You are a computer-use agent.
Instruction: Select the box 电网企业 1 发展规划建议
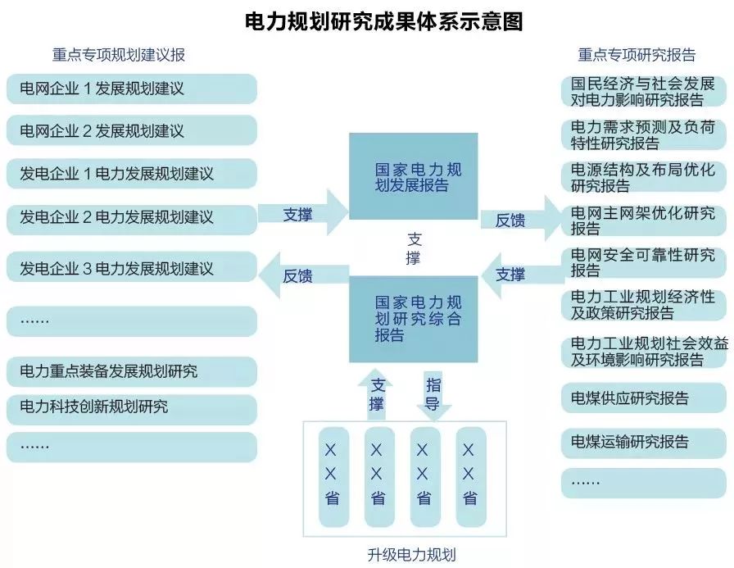click(131, 89)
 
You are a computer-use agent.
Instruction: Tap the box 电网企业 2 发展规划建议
click(131, 131)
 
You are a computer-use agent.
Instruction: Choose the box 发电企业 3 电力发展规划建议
click(131, 268)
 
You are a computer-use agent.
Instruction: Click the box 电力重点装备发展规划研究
click(131, 371)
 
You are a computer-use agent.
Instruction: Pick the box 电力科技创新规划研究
click(131, 406)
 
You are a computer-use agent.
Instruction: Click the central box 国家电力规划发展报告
click(413, 177)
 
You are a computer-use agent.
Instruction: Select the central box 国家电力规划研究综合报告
click(413, 318)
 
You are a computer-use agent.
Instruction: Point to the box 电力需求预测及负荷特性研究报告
click(644, 135)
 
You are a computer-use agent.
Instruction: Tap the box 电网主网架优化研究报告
click(644, 220)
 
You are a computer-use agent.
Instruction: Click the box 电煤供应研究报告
click(644, 399)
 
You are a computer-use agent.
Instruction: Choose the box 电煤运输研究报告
click(644, 443)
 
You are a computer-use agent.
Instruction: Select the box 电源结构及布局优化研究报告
click(644, 178)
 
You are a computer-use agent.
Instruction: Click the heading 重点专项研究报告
click(637, 55)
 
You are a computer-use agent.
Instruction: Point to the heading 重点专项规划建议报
click(119, 55)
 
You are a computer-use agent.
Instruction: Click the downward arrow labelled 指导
click(433, 395)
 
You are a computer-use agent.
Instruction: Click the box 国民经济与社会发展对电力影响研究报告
click(644, 92)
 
